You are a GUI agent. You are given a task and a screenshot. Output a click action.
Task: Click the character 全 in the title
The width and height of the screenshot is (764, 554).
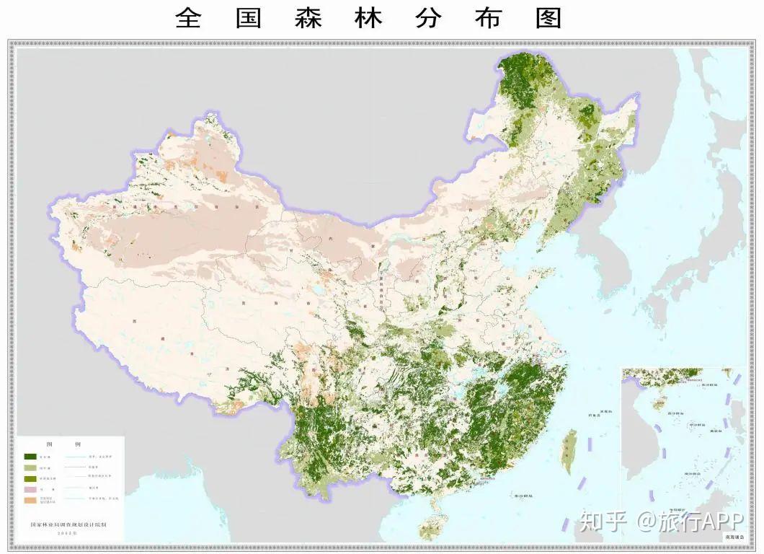pos(188,18)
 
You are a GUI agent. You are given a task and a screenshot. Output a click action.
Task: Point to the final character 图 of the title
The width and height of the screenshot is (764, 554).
pos(548,18)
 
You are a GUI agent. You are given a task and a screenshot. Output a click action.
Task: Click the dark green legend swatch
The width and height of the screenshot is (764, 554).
pos(30,457)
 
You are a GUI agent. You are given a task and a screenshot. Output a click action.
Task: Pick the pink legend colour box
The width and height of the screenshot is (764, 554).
pos(30,490)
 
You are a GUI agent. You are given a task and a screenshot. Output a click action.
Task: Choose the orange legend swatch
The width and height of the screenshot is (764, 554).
pos(30,501)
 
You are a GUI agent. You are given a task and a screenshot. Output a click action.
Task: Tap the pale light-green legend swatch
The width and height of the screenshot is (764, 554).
pos(30,467)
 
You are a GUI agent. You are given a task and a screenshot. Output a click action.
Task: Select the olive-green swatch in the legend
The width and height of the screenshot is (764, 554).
pos(30,479)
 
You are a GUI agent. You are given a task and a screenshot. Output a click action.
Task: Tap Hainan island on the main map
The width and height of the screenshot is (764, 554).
pos(430,525)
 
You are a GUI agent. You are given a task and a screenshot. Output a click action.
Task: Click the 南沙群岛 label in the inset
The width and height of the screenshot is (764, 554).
pos(693,473)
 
